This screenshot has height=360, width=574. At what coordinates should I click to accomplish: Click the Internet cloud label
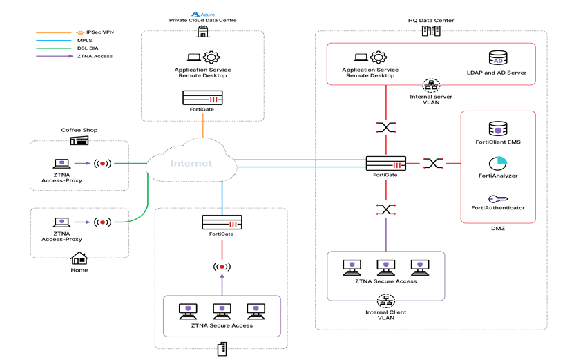(x=191, y=164)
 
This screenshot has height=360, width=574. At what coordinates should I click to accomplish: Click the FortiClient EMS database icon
(x=497, y=129)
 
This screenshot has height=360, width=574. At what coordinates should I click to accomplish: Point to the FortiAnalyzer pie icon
(x=497, y=164)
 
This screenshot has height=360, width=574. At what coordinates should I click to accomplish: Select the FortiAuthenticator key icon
(x=497, y=198)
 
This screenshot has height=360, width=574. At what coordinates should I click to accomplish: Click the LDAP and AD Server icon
(x=497, y=58)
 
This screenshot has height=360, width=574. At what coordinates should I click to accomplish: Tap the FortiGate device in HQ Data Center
(x=385, y=164)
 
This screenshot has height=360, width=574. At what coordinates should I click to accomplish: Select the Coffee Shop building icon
(x=79, y=140)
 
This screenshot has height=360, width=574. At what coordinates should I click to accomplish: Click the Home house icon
(x=79, y=258)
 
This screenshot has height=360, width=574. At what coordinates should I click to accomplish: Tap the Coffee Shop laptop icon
(x=62, y=164)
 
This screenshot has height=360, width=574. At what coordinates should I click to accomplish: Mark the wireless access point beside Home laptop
(x=102, y=222)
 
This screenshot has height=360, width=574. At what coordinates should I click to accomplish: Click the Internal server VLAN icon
(x=431, y=85)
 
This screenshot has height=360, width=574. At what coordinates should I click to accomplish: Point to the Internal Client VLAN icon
(x=385, y=301)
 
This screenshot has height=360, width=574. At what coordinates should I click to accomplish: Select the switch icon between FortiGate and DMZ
(x=433, y=164)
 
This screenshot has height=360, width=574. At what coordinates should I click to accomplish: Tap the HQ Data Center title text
(x=430, y=21)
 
